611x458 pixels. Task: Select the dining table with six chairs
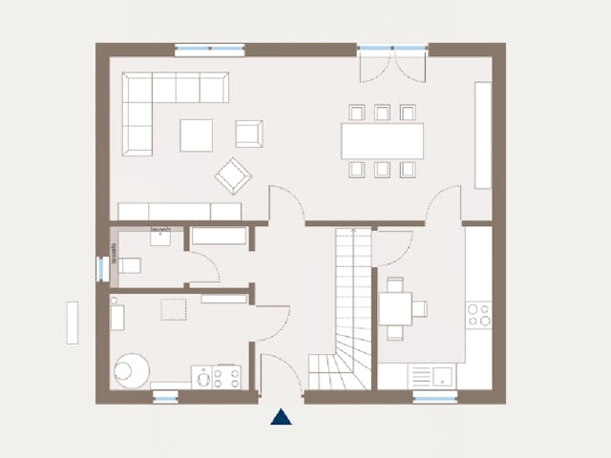382,141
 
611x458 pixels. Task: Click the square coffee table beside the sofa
196,135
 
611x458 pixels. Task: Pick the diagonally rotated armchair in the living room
233,175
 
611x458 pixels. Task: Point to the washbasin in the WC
160,237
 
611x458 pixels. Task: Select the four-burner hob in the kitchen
478,316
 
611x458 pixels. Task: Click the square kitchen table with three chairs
395,308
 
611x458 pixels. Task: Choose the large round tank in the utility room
131,370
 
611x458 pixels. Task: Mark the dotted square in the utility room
174,310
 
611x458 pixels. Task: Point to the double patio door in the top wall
391,63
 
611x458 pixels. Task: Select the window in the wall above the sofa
209,50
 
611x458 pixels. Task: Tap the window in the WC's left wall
100,268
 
